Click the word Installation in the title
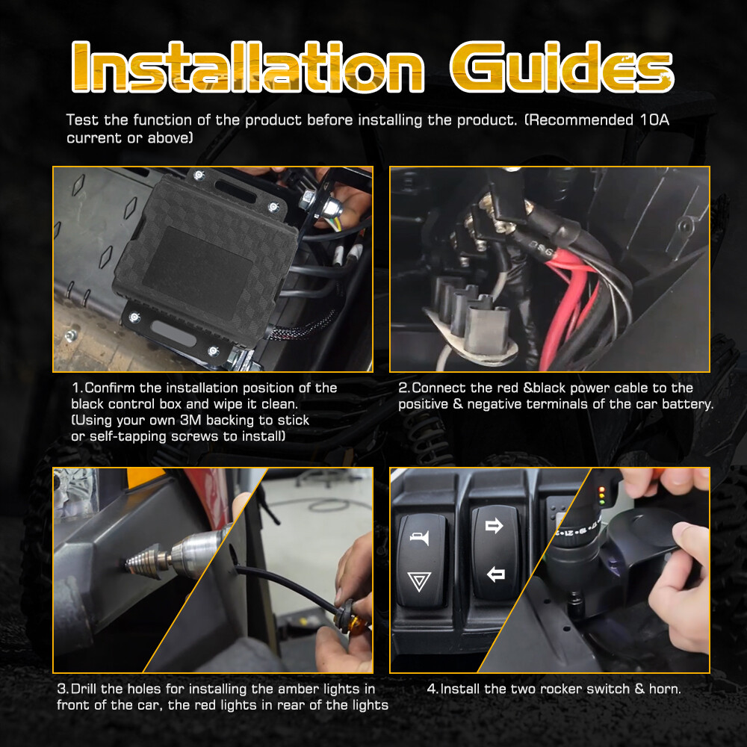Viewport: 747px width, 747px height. (248, 66)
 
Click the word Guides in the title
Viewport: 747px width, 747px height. (562, 66)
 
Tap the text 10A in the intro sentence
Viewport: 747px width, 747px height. (654, 120)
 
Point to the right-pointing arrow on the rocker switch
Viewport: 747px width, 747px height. (494, 526)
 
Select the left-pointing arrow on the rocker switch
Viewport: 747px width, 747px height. (495, 574)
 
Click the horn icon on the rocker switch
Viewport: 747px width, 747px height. (420, 537)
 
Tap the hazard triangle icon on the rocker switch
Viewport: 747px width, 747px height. (419, 581)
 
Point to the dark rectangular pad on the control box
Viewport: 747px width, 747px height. (197, 273)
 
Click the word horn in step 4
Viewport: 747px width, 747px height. (665, 689)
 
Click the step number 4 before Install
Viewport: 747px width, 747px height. (432, 689)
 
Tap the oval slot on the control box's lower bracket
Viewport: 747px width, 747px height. (173, 333)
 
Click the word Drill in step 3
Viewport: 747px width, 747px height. (84, 689)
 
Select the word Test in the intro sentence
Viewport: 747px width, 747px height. (83, 120)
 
